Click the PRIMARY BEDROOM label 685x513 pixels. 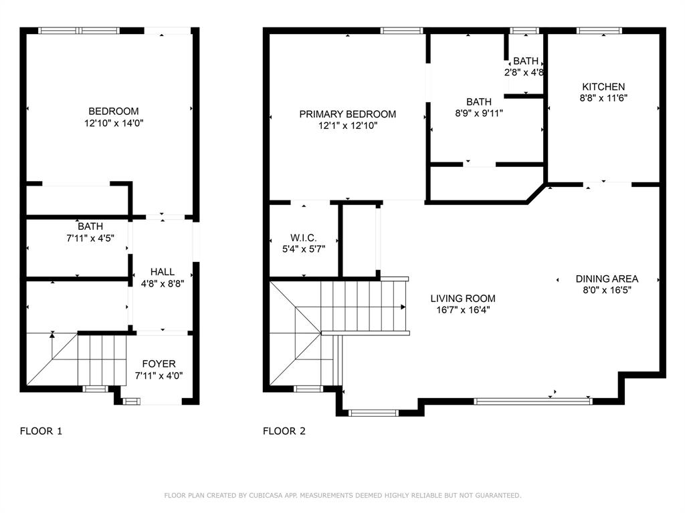tap(347, 114)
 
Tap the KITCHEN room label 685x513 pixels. tap(603, 87)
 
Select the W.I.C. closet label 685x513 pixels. tap(303, 238)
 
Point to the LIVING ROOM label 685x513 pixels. tap(463, 299)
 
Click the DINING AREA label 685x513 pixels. tap(607, 279)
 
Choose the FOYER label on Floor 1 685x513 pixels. tap(159, 364)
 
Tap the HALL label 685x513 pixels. tap(163, 273)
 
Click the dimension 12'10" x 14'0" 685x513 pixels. tap(114, 124)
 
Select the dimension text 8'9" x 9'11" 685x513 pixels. tap(479, 114)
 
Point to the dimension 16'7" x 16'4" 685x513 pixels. tap(463, 310)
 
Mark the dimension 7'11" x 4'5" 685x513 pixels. tap(90, 238)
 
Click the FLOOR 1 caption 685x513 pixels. tap(41, 432)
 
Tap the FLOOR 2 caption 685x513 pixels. tap(284, 432)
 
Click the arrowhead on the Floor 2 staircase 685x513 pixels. tap(403, 307)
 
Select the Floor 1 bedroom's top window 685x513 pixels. tap(79, 31)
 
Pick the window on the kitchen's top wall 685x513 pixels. tap(599, 31)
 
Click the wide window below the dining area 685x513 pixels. tap(533, 401)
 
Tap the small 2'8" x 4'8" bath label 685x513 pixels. tap(524, 67)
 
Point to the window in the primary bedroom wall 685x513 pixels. tap(401, 31)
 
